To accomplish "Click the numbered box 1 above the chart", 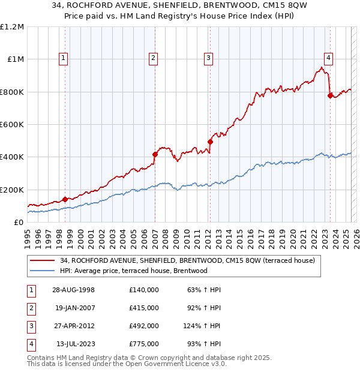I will tap(64, 58).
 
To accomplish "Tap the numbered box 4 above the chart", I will tap(329, 58).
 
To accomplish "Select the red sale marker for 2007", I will tap(155, 154).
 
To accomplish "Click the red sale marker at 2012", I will tap(211, 142).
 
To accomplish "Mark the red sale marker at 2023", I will tap(330, 95).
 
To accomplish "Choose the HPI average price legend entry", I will tap(133, 271).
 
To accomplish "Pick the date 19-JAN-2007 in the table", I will tap(75, 307).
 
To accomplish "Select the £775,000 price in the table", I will tap(143, 344).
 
